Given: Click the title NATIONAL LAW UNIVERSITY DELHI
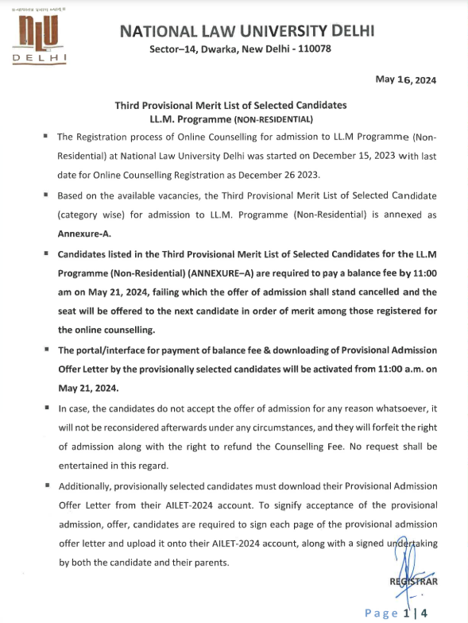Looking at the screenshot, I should [x=246, y=31].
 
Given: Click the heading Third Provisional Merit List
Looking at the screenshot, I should [x=230, y=105].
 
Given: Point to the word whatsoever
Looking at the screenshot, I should [x=393, y=408].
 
